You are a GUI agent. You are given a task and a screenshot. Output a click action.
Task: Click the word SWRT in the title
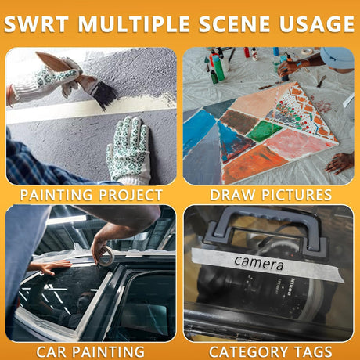click(x=36, y=24)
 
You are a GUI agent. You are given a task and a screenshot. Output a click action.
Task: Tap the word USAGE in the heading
click(x=317, y=24)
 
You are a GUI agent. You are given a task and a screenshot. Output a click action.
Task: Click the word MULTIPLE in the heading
click(x=133, y=24)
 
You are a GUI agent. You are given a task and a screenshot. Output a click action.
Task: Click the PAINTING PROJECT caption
click(x=92, y=195)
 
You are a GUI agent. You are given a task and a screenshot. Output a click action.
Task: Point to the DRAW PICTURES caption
click(x=271, y=195)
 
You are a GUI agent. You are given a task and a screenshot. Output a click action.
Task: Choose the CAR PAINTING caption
click(x=90, y=351)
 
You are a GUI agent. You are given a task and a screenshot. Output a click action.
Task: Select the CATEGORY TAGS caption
click(x=271, y=351)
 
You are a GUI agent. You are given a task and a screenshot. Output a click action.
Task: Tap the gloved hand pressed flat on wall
click(x=128, y=150)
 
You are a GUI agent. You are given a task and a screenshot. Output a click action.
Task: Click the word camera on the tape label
click(x=258, y=263)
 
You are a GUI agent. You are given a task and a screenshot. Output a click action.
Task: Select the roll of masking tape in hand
click(x=106, y=256)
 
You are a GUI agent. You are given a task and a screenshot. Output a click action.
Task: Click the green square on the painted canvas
click(x=265, y=131)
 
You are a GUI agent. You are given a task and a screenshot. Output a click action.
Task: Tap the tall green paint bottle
click(x=218, y=67)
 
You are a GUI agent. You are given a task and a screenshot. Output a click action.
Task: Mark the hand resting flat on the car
click(x=50, y=267)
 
